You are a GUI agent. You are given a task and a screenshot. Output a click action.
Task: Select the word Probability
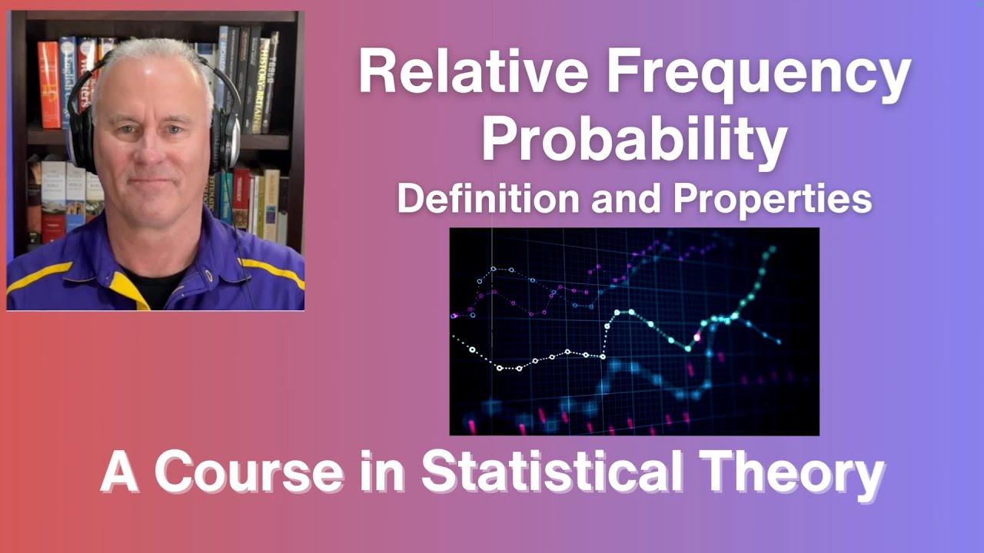pos(633,140)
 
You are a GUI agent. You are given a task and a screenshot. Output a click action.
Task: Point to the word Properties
pos(773,199)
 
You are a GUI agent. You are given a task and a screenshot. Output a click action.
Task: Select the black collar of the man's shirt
pos(154,284)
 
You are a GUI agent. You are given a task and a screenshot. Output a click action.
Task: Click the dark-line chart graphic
pos(633,331)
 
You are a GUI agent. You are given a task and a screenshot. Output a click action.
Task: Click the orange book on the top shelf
pos(49,84)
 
